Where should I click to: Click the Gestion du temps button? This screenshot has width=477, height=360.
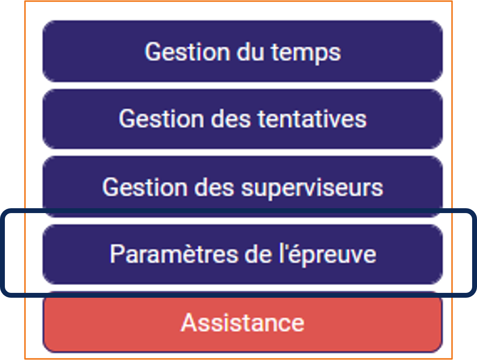click(x=242, y=51)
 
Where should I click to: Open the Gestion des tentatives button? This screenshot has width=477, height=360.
click(x=242, y=119)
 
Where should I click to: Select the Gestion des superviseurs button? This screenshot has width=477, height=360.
click(x=242, y=186)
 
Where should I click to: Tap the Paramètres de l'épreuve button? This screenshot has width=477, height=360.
click(x=242, y=254)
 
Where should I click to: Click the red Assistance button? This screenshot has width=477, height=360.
click(x=242, y=322)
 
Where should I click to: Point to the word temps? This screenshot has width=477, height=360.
click(x=306, y=53)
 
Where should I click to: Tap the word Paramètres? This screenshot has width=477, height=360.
click(x=174, y=254)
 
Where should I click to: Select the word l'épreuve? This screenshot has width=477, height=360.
click(x=328, y=255)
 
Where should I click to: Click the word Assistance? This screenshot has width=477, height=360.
click(x=242, y=322)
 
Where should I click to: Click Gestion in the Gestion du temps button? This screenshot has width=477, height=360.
click(x=187, y=52)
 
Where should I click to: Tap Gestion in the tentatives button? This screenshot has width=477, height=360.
click(x=161, y=119)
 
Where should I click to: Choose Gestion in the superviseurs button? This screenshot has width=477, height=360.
click(x=145, y=187)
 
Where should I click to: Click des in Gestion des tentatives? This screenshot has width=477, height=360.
click(x=231, y=119)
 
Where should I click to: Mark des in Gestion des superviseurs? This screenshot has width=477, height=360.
click(x=214, y=187)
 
